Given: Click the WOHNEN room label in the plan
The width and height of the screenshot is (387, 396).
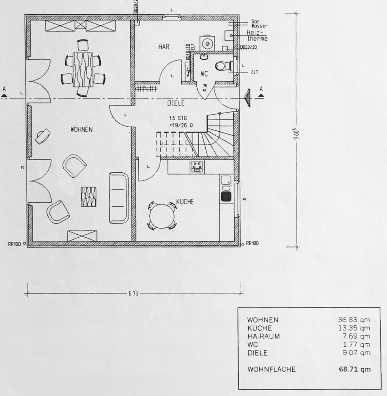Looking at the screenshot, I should [82, 129].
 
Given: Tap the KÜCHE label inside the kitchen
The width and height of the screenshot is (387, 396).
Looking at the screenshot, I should [185, 202].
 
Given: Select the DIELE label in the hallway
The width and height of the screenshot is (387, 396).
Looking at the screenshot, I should [176, 104].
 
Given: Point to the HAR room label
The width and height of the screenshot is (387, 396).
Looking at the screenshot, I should [164, 47].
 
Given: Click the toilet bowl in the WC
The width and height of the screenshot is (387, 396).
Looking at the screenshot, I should [221, 66].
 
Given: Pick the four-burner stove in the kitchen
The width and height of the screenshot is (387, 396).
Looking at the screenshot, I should [197, 166].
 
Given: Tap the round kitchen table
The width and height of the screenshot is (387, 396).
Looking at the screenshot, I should [162, 216].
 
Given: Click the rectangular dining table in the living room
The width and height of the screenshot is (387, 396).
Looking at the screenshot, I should [83, 69].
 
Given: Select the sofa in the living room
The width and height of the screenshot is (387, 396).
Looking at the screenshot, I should [119, 198].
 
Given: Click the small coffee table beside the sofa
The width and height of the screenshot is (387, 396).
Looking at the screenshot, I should [88, 196].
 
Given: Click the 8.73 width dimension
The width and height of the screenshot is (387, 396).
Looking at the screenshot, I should [133, 294].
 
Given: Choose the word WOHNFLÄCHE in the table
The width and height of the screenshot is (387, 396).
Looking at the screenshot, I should [271, 369].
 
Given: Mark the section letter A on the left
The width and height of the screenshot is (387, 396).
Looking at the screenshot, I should [4, 89].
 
